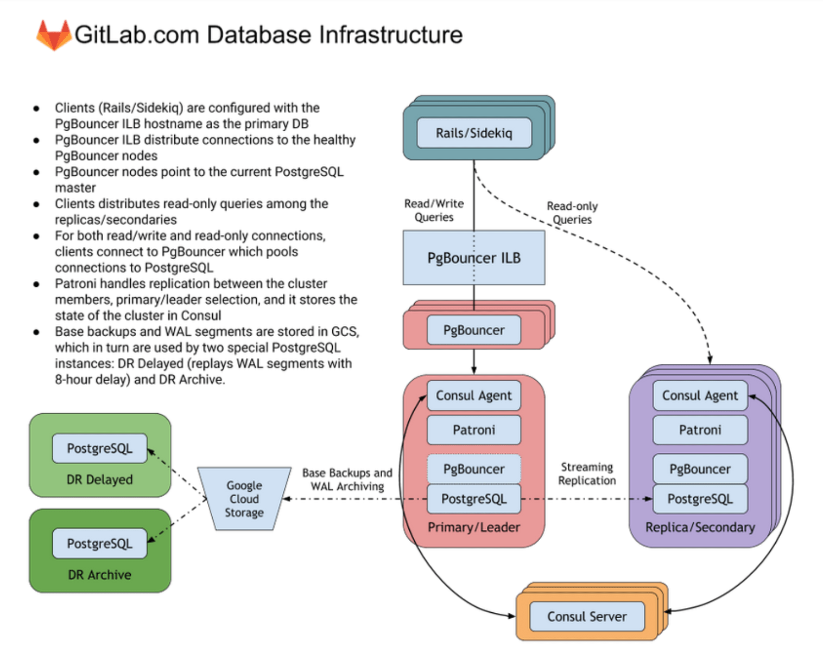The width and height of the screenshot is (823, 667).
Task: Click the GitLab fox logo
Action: click(53, 35)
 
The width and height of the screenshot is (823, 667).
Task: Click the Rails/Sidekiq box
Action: click(473, 133)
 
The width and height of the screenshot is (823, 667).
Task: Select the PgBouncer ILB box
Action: click(473, 258)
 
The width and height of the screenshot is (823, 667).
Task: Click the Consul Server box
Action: click(586, 617)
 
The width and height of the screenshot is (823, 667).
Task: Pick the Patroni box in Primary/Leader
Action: click(473, 430)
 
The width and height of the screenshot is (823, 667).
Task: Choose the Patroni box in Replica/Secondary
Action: click(700, 430)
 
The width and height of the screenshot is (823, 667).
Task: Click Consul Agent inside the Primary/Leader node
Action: click(473, 396)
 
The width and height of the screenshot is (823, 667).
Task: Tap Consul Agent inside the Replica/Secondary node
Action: click(700, 396)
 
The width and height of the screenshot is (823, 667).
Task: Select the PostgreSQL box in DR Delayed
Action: click(99, 448)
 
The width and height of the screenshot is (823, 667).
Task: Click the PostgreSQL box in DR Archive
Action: click(99, 543)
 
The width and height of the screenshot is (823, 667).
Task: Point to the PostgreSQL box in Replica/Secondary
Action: click(700, 499)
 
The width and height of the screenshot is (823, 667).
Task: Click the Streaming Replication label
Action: click(587, 474)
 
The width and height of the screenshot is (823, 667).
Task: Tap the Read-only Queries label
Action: click(572, 213)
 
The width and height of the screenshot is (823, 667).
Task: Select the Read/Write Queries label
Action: click(434, 210)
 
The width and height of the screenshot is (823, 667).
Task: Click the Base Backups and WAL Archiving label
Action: click(347, 480)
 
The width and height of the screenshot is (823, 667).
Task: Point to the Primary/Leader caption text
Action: click(473, 527)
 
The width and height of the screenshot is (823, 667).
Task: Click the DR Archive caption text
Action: click(99, 575)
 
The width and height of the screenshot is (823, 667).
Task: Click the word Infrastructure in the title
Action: click(390, 35)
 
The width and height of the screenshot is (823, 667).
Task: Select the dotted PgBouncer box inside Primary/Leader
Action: click(473, 469)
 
